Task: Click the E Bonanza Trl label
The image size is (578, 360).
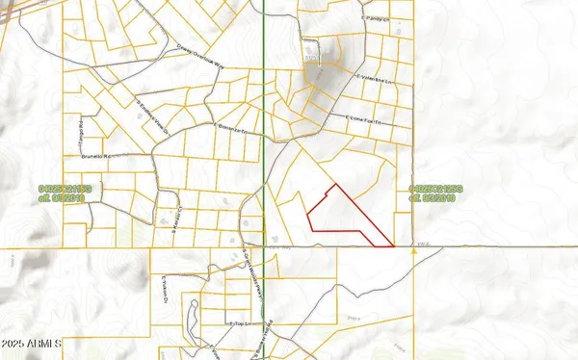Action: pos(230,126)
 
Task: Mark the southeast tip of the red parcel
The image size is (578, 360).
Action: pos(394,246)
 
